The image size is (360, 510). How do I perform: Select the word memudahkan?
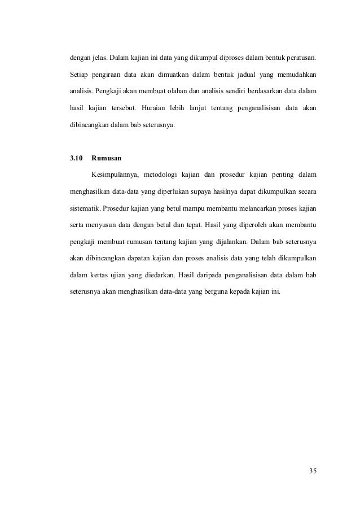pos(296,74)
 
